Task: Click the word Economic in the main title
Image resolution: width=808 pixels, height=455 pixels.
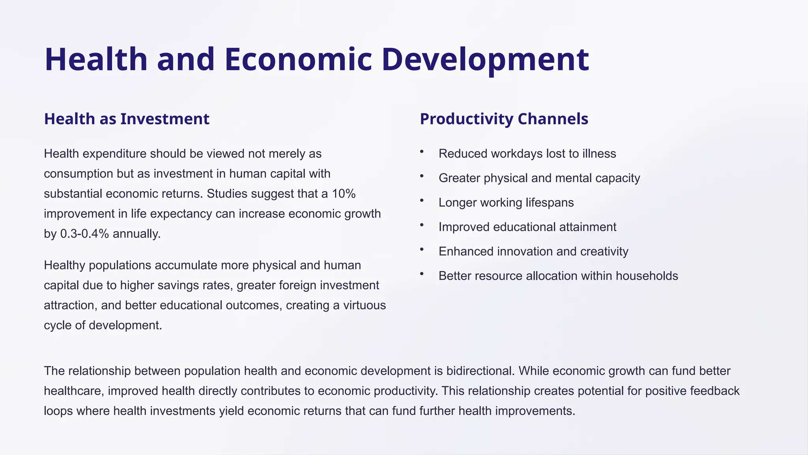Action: [298, 59]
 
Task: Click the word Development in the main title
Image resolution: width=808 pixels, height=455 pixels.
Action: [485, 59]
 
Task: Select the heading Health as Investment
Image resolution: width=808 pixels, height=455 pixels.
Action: [127, 119]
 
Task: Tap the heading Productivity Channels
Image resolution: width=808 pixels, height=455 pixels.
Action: [504, 119]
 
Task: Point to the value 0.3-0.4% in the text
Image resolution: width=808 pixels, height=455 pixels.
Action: [84, 234]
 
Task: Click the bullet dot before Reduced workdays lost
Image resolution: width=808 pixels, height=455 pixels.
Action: [422, 152]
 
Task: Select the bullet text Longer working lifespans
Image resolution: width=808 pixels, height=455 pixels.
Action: [506, 203]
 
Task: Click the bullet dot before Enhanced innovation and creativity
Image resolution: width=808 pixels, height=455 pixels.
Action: [422, 250]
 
